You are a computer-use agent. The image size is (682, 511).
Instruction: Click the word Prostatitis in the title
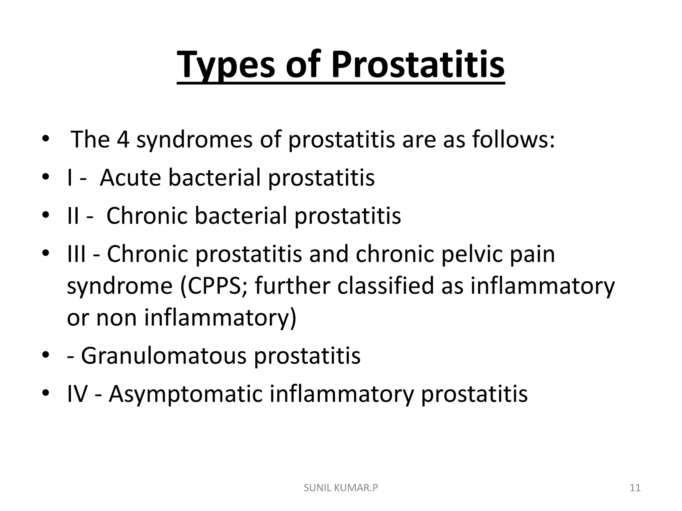point(418,65)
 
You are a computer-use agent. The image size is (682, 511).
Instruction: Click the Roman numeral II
point(73,216)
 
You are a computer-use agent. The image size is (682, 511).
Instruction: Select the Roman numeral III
point(76,254)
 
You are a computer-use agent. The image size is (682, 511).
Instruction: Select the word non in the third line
point(116,317)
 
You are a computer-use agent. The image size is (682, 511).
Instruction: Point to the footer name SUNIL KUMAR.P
point(341,488)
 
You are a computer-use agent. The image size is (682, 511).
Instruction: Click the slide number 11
point(635,488)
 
